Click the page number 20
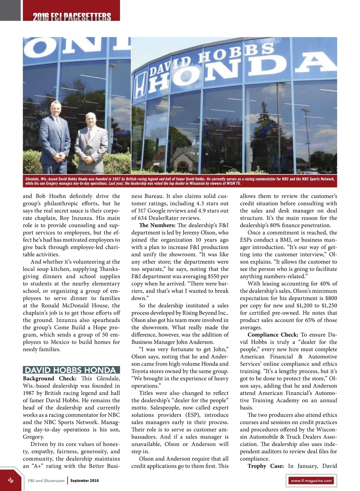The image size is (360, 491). click(11, 480)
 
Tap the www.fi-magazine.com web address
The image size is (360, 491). click(311, 481)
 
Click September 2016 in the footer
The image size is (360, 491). click(85, 481)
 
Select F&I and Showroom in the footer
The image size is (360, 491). click(46, 481)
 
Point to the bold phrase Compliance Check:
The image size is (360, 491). click(273, 335)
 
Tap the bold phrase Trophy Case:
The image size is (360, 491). click(265, 466)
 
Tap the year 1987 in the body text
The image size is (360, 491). click(28, 393)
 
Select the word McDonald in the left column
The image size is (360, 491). click(75, 306)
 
